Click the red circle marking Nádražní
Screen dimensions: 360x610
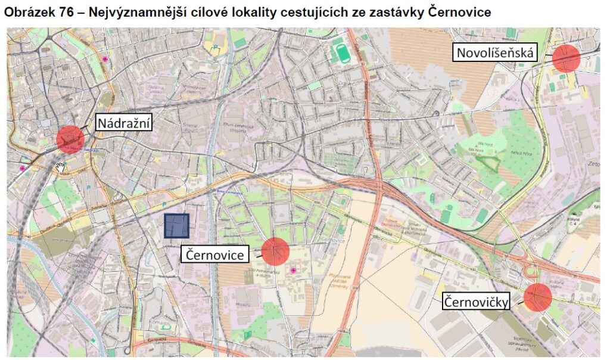pos(70,139)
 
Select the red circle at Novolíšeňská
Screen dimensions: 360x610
pos(565,58)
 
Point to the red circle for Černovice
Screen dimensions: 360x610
pos(275,251)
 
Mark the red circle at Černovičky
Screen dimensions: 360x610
pos(538,297)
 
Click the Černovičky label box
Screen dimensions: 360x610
pos(477,302)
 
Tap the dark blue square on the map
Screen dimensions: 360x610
pos(177,226)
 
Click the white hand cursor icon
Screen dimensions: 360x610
pos(60,167)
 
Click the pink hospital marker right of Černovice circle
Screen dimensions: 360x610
pos(293,271)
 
